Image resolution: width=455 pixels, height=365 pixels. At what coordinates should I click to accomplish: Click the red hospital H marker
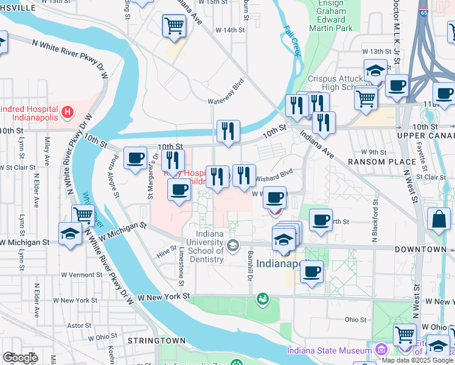(x=68, y=113)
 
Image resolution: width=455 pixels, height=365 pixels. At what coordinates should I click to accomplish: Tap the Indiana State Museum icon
(x=381, y=350)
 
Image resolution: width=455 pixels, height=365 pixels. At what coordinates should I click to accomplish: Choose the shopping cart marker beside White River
(x=83, y=215)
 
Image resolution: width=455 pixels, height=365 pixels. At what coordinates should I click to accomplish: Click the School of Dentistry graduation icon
(x=232, y=245)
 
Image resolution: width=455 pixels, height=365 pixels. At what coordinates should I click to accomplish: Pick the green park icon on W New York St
(x=262, y=298)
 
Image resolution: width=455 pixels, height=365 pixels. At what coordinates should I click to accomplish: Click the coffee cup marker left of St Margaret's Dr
(x=135, y=159)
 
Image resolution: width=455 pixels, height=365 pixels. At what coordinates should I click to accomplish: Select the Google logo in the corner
(x=20, y=358)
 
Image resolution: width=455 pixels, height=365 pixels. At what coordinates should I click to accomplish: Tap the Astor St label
(x=79, y=325)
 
